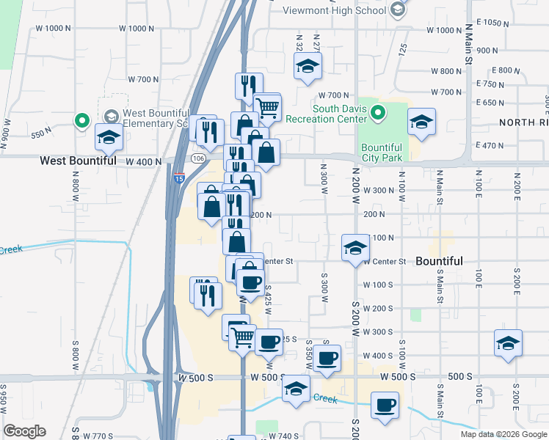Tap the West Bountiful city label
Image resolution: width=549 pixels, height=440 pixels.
click(x=78, y=160)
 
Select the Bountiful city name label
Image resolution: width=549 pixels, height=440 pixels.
click(x=439, y=261)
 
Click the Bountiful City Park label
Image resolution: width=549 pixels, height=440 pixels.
click(x=382, y=153)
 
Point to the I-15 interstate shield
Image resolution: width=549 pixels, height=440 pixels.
click(x=180, y=178)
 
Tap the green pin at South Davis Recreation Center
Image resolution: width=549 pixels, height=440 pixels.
click(x=378, y=113)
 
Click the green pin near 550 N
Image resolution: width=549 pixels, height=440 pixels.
click(x=81, y=120)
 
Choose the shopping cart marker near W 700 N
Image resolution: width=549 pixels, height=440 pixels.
click(x=267, y=107)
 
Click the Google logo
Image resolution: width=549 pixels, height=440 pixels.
click(x=24, y=431)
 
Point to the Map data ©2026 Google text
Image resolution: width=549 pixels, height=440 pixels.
click(x=503, y=434)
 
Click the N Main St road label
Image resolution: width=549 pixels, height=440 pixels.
click(x=468, y=45)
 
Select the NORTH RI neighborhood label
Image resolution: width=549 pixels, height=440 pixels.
click(x=524, y=122)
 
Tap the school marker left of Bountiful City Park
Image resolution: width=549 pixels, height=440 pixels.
click(x=421, y=123)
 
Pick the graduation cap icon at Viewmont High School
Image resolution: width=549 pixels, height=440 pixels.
click(x=397, y=10)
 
